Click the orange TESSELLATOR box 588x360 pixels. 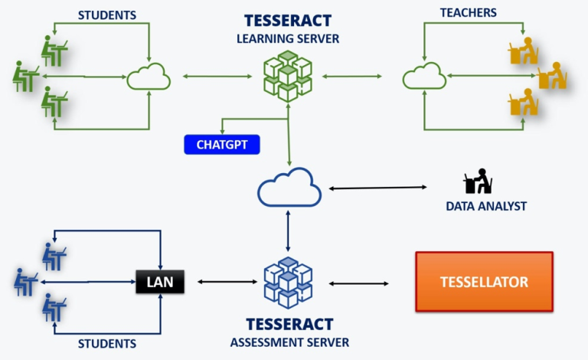[x=484, y=282]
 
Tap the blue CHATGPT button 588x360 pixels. [x=222, y=144]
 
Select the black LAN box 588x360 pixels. [x=160, y=283]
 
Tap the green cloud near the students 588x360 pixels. [x=148, y=77]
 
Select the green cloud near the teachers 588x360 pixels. [x=424, y=77]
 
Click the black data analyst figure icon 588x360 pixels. [x=478, y=182]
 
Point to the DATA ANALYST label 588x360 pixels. [x=486, y=206]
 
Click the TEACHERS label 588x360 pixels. [x=468, y=13]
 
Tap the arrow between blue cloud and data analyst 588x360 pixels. [x=377, y=188]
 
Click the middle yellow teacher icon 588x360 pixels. [x=552, y=76]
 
